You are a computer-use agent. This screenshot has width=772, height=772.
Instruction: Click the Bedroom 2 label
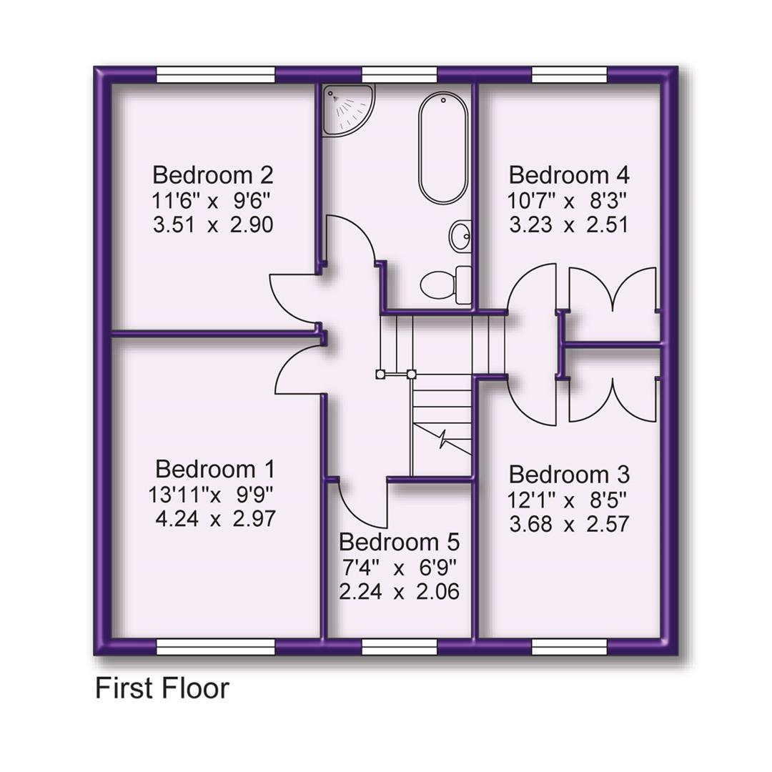213,174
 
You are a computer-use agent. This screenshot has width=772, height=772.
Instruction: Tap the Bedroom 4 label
569,174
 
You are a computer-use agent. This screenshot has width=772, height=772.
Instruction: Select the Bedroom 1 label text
214,470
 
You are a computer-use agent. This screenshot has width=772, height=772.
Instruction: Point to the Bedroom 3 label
569,474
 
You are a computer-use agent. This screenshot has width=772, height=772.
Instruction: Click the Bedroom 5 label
399,541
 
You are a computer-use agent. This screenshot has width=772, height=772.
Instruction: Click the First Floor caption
162,688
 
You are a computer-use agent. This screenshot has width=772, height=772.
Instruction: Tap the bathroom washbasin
460,235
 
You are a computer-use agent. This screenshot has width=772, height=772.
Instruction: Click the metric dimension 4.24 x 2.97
214,518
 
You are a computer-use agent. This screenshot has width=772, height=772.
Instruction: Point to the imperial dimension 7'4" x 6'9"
399,568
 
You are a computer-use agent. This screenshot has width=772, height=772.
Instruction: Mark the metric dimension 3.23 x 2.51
569,224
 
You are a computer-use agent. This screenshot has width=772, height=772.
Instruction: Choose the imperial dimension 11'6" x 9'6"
213,199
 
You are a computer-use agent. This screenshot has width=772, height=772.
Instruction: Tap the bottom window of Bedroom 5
399,647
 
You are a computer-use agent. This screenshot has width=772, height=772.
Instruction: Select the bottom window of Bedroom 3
569,647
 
